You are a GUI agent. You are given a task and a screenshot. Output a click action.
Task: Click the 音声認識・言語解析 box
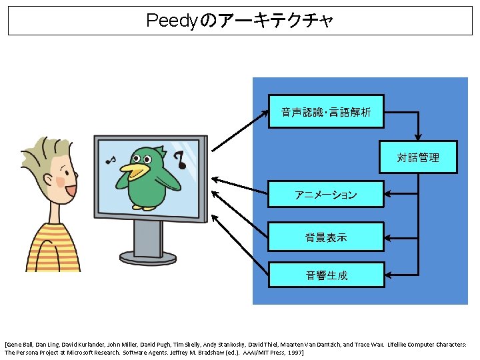pyautogui.click(x=326, y=111)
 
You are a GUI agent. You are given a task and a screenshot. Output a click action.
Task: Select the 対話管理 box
pyautogui.click(x=418, y=157)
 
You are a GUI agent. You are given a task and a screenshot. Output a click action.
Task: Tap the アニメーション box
pyautogui.click(x=326, y=195)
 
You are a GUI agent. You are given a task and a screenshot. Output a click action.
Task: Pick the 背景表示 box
pyautogui.click(x=326, y=237)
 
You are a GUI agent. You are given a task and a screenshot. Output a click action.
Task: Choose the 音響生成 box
pyautogui.click(x=326, y=275)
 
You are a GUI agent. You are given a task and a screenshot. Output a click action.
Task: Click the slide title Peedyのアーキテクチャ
pyautogui.click(x=239, y=21)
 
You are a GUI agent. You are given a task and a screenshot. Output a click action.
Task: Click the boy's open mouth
pyautogui.click(x=69, y=191)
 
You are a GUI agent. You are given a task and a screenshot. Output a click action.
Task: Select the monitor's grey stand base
pyautogui.click(x=147, y=256)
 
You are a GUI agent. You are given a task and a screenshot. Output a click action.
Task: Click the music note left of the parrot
pyautogui.click(x=111, y=160)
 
